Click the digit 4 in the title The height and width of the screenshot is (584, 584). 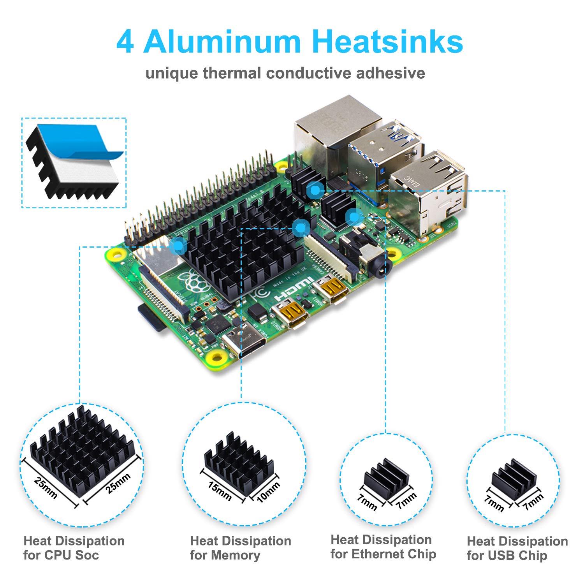tap(125, 42)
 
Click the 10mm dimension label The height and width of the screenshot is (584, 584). tap(268, 492)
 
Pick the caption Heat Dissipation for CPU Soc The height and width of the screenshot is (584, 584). tap(74, 548)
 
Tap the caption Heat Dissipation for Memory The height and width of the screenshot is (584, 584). tap(241, 548)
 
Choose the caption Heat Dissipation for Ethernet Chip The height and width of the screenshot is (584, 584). tap(383, 547)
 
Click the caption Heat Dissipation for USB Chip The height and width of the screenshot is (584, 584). tap(517, 548)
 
